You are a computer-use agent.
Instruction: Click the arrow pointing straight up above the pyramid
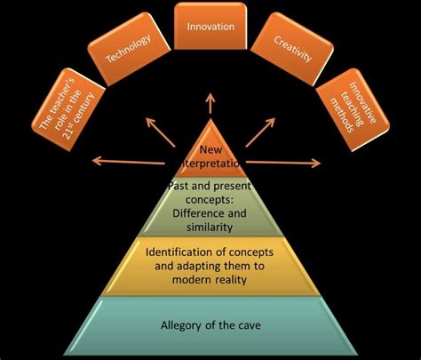pos(210,100)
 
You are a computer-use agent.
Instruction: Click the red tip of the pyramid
pos(210,147)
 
